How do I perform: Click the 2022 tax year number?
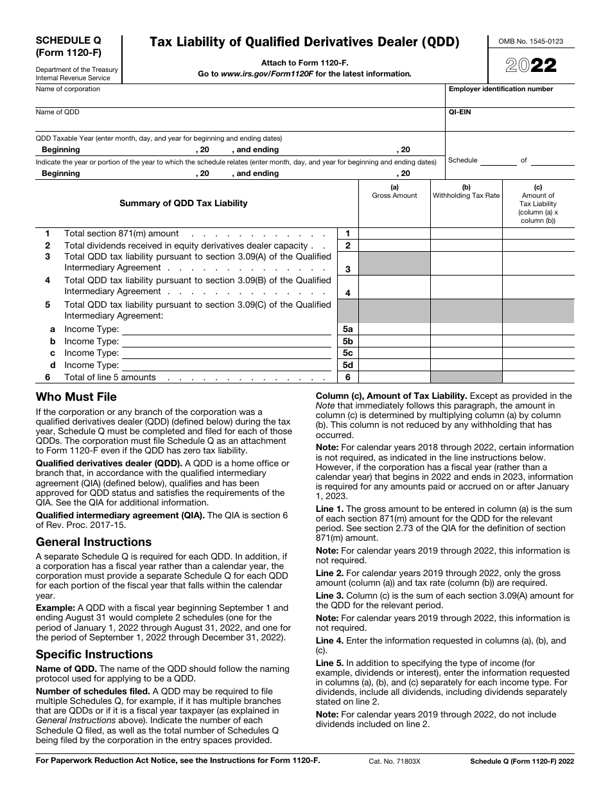coord(532,66)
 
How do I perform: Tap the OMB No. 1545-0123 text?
coord(530,41)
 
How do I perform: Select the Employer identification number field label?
coord(501,89)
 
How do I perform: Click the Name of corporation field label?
coord(68,89)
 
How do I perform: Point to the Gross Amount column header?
coord(394,195)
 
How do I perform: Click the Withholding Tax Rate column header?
coord(466,195)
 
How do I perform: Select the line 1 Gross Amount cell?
coord(394,234)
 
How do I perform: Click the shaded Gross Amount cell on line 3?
coord(394,263)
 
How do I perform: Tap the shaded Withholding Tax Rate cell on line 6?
coord(466,378)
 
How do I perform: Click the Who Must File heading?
coord(76,397)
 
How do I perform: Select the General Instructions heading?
coord(94,542)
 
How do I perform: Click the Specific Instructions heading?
coord(94,654)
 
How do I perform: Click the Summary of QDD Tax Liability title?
coord(184,203)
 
